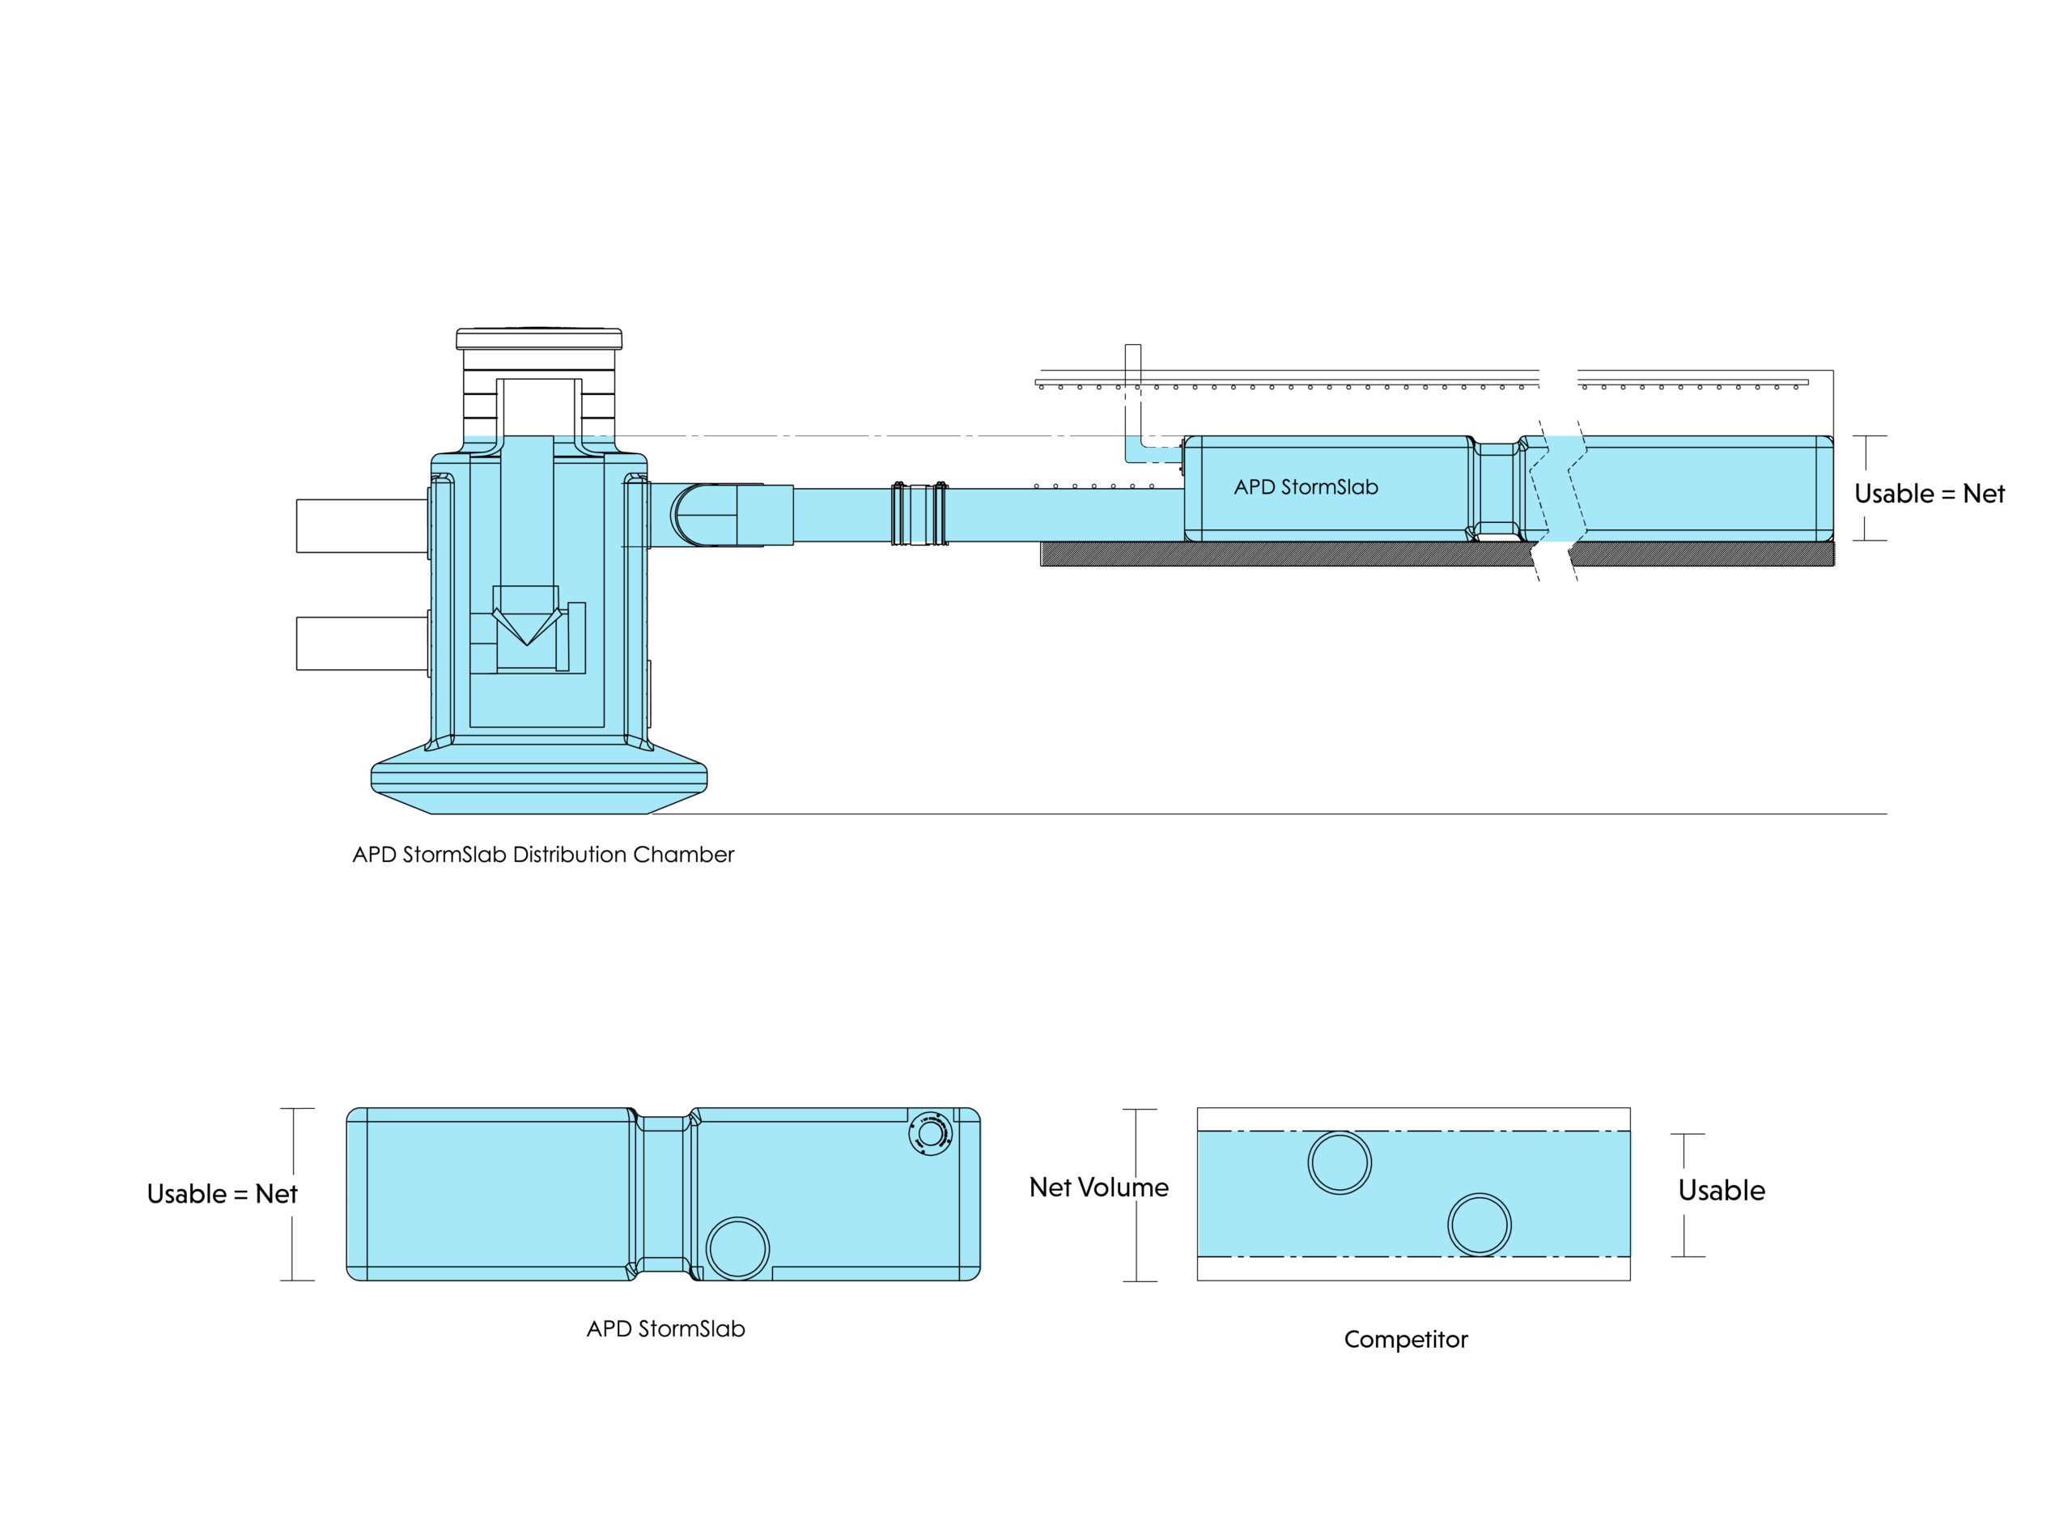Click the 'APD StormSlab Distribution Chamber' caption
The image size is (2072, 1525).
pos(543,855)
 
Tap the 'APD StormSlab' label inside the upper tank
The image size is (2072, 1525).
pos(1305,487)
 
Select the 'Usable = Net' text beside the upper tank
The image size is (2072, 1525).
pos(1929,494)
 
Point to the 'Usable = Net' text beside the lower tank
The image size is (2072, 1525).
pos(222,1195)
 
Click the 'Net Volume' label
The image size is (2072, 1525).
pos(1098,1187)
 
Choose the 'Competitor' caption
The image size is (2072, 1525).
pos(1405,1340)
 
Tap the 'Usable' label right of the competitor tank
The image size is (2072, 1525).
pos(1722,1191)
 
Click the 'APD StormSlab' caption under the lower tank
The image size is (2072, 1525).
pos(665,1329)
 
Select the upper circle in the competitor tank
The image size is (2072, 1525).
pos(1340,1163)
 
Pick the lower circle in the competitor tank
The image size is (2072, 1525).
pos(1479,1225)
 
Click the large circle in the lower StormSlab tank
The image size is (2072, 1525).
pos(737,1248)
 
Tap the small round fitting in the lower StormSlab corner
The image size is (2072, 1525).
pos(929,1133)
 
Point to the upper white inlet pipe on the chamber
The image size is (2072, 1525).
pos(361,526)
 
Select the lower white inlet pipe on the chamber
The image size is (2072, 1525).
pos(361,644)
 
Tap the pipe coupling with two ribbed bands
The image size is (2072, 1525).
pos(919,513)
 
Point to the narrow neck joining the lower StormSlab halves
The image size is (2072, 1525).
pos(664,1194)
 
